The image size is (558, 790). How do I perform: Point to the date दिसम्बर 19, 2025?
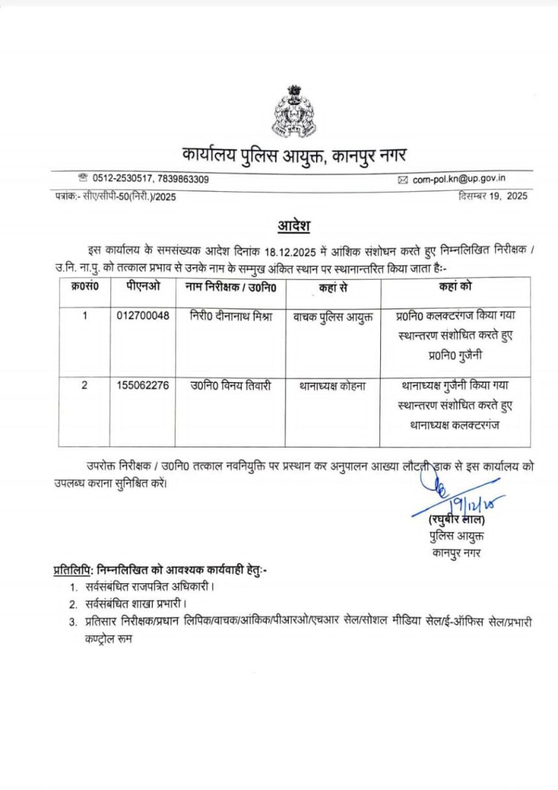point(492,195)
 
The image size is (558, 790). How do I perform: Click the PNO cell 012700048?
point(143,316)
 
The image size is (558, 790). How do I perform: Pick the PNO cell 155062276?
point(143,385)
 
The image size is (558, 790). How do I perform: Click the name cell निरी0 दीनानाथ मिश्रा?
point(230,316)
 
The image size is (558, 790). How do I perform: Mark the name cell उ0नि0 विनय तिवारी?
point(230,385)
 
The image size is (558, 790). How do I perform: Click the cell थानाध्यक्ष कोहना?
point(333,385)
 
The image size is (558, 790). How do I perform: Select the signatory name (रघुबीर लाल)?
point(457,520)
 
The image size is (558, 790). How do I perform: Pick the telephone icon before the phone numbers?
point(82,177)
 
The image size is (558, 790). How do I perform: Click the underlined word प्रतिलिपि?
point(73,570)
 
